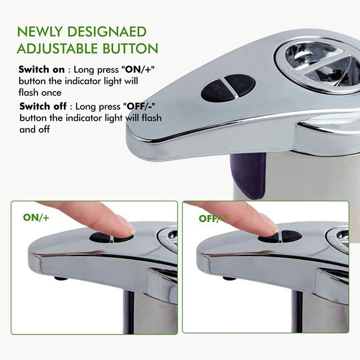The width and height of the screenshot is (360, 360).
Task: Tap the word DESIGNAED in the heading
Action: tap(113, 32)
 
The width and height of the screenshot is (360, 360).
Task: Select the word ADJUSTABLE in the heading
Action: tap(57, 48)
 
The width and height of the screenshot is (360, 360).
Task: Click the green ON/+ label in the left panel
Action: tap(36, 217)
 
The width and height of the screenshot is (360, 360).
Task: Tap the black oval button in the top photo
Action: tap(228, 87)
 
